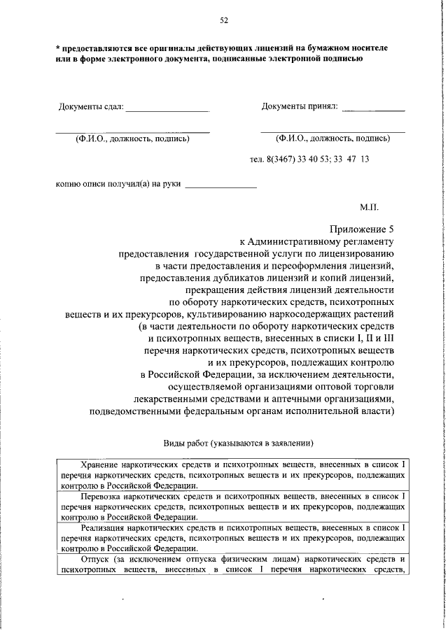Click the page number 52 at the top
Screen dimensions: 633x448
pyautogui.click(x=224, y=20)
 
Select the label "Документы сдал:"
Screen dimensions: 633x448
pyautogui.click(x=90, y=107)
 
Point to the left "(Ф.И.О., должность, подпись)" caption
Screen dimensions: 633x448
pyautogui.click(x=132, y=138)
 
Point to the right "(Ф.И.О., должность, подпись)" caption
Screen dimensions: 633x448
pyautogui.click(x=332, y=138)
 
